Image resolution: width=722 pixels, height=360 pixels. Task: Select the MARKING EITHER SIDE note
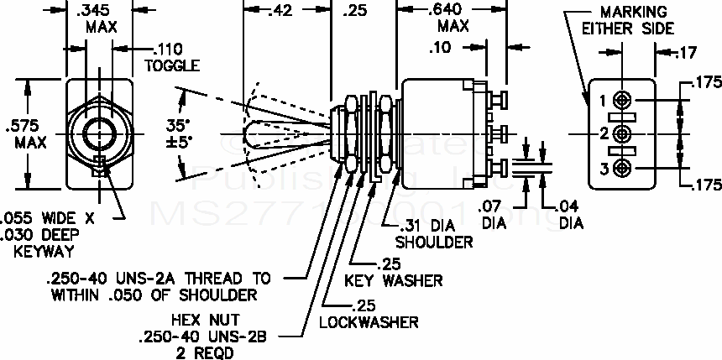coord(632,19)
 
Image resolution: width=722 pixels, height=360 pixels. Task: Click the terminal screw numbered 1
coord(622,100)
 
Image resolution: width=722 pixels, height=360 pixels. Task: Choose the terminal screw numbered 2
coord(622,133)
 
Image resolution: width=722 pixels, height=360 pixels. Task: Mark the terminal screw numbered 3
coord(622,168)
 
